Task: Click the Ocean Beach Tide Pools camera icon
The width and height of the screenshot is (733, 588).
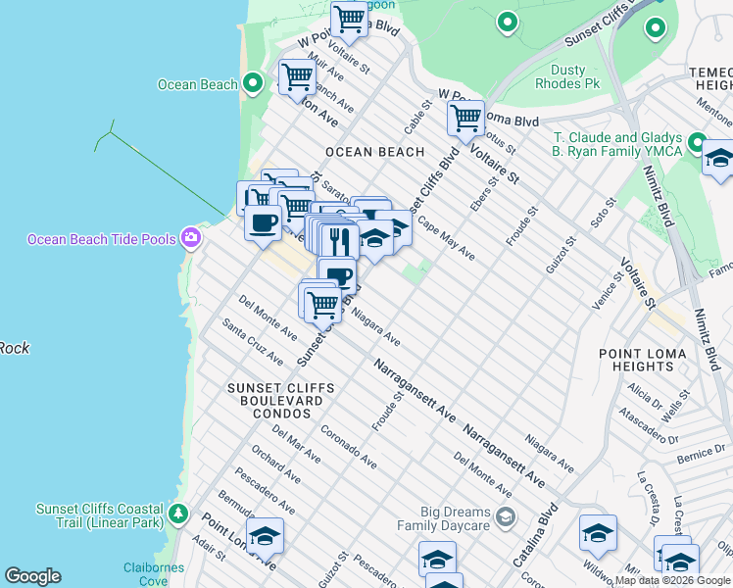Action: point(190,238)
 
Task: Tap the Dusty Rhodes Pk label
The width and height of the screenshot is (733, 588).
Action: point(561,76)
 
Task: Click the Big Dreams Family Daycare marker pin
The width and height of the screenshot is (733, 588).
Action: point(505,517)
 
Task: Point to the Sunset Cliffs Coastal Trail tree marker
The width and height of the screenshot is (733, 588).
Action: point(177,514)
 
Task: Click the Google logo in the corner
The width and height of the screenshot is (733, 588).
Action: point(32,576)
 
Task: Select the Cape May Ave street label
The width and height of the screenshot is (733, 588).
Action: point(446,238)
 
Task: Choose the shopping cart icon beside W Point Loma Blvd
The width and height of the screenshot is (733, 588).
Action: point(465,119)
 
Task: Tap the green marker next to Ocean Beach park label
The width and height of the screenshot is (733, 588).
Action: point(252,84)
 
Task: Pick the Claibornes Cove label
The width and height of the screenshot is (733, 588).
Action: point(153,573)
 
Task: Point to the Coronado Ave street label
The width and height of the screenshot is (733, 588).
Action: point(348,445)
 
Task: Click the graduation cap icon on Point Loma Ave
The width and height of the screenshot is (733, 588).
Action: point(266,535)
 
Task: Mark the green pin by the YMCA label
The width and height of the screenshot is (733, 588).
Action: point(697,144)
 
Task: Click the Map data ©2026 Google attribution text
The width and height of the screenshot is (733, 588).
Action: point(672,580)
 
